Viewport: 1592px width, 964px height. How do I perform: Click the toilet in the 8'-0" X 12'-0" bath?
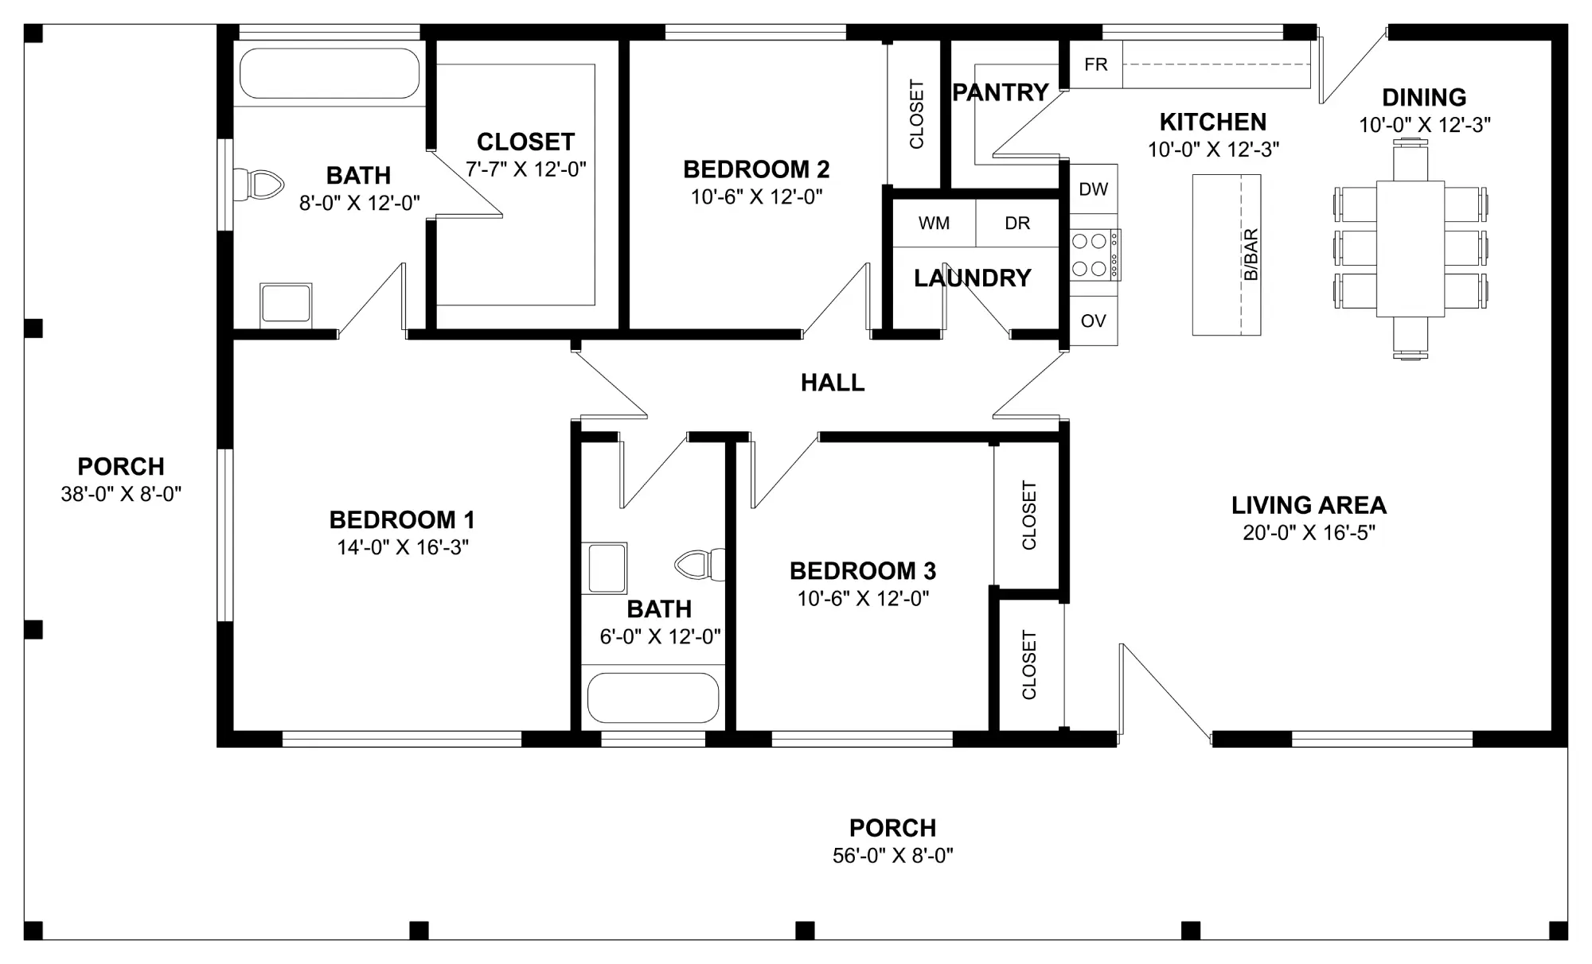coord(259,185)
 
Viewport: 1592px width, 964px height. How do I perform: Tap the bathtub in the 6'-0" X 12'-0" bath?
coord(653,698)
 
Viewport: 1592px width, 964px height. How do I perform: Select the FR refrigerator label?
coord(1096,64)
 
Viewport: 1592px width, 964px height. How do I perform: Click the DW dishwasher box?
coord(1094,189)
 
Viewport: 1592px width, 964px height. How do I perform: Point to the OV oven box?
coord(1094,321)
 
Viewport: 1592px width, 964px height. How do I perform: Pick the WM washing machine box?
coord(934,224)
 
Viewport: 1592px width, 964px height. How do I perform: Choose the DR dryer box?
coord(1017,224)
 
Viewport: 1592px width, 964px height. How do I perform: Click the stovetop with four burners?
coord(1094,255)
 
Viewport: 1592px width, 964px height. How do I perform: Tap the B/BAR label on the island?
coord(1251,255)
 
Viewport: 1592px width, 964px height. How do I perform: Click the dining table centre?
coord(1411,249)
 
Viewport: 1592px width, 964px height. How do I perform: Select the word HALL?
coord(833,383)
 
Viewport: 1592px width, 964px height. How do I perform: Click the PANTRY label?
coord(1001,92)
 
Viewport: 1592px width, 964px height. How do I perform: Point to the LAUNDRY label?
coord(973,278)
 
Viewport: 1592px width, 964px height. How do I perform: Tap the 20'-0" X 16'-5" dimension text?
coord(1309,533)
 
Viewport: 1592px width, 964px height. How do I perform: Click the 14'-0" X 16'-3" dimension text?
coord(403,547)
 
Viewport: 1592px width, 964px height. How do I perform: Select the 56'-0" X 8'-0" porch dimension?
coord(893,856)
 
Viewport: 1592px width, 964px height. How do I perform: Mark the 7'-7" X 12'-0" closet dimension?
coord(526,169)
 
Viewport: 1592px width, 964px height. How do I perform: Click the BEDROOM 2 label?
coord(756,169)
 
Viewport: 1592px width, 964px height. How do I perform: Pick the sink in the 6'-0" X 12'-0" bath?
coord(604,568)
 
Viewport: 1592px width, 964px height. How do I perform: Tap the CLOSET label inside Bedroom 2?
coord(917,114)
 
